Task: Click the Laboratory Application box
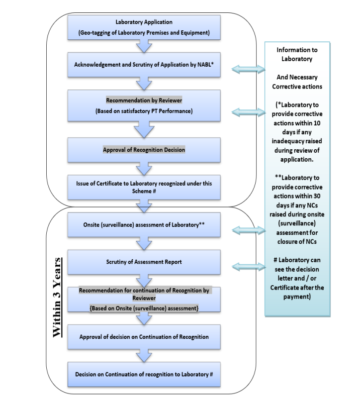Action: pos(144,27)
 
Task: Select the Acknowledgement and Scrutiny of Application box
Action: pos(144,65)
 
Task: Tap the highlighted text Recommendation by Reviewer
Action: pos(144,101)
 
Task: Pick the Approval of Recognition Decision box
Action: pos(144,150)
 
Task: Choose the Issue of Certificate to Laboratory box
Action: pos(144,187)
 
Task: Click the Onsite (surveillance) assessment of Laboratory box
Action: pos(144,225)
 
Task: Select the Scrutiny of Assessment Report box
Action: pos(144,262)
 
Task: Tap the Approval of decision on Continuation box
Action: pos(144,337)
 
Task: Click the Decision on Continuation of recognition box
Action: pos(144,374)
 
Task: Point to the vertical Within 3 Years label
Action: pos(57,298)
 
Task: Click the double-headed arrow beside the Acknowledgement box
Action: pos(248,69)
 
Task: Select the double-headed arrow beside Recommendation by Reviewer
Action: pos(248,112)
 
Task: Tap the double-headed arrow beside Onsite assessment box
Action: pos(248,230)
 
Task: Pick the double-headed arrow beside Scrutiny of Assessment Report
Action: pos(248,267)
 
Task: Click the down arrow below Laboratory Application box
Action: pos(144,46)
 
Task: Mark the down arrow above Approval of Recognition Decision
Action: pos(144,129)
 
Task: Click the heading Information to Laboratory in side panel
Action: pos(297,54)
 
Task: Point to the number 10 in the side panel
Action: pos(317,123)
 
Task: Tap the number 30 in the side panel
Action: pos(317,196)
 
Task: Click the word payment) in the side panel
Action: pos(297,297)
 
